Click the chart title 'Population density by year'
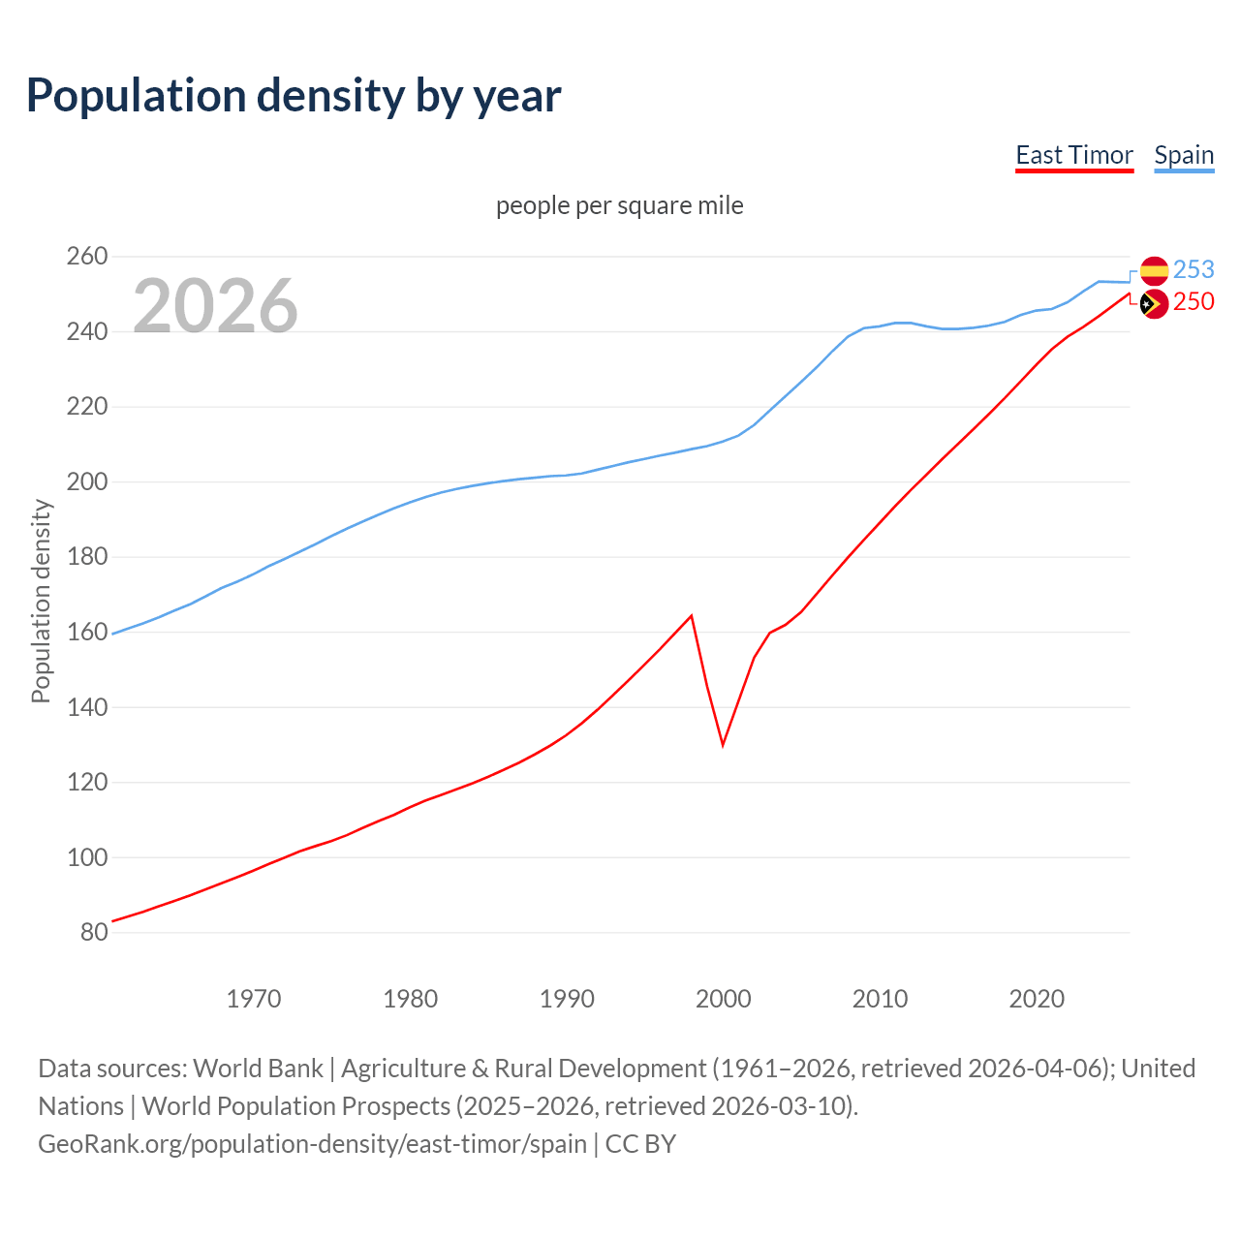[x=294, y=95]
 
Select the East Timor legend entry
[x=1073, y=155]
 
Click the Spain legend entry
[x=1184, y=155]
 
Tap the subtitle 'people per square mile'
[x=619, y=205]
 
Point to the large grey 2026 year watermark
[x=215, y=306]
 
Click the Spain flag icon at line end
[x=1154, y=271]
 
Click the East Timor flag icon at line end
[x=1154, y=304]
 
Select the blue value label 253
[x=1193, y=269]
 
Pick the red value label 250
[x=1193, y=302]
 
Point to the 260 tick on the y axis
[x=86, y=257]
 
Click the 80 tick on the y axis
[x=93, y=932]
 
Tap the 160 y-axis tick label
[x=86, y=632]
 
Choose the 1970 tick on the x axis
[x=253, y=999]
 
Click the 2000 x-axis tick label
[x=723, y=999]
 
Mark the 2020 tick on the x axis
[x=1037, y=999]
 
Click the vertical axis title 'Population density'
[x=41, y=601]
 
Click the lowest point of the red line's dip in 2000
[x=723, y=745]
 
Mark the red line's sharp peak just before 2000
[x=691, y=615]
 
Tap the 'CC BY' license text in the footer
[x=640, y=1144]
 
